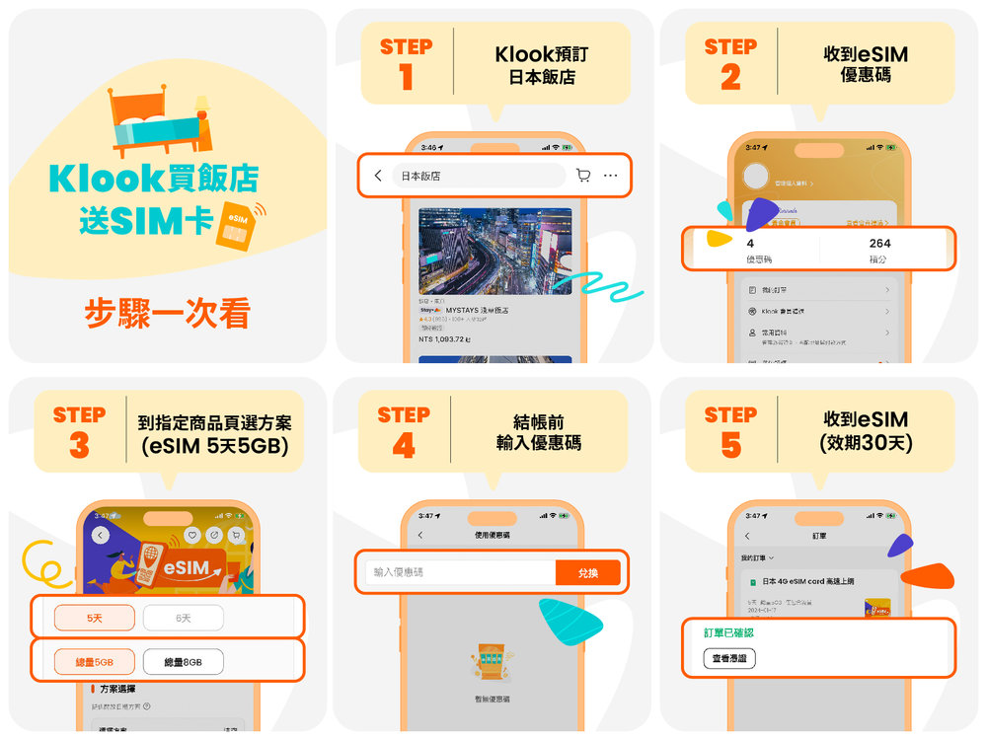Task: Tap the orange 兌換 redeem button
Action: [587, 572]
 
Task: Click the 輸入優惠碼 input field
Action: [460, 572]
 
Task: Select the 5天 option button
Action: [94, 618]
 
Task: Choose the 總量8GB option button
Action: [183, 662]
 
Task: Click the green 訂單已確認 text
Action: [729, 634]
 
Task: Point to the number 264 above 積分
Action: [879, 243]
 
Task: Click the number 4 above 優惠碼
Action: [750, 243]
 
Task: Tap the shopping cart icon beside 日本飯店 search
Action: [582, 176]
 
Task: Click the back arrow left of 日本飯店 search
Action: [378, 176]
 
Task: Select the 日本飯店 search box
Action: [479, 176]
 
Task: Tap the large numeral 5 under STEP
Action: [730, 445]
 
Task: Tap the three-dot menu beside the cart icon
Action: [611, 176]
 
